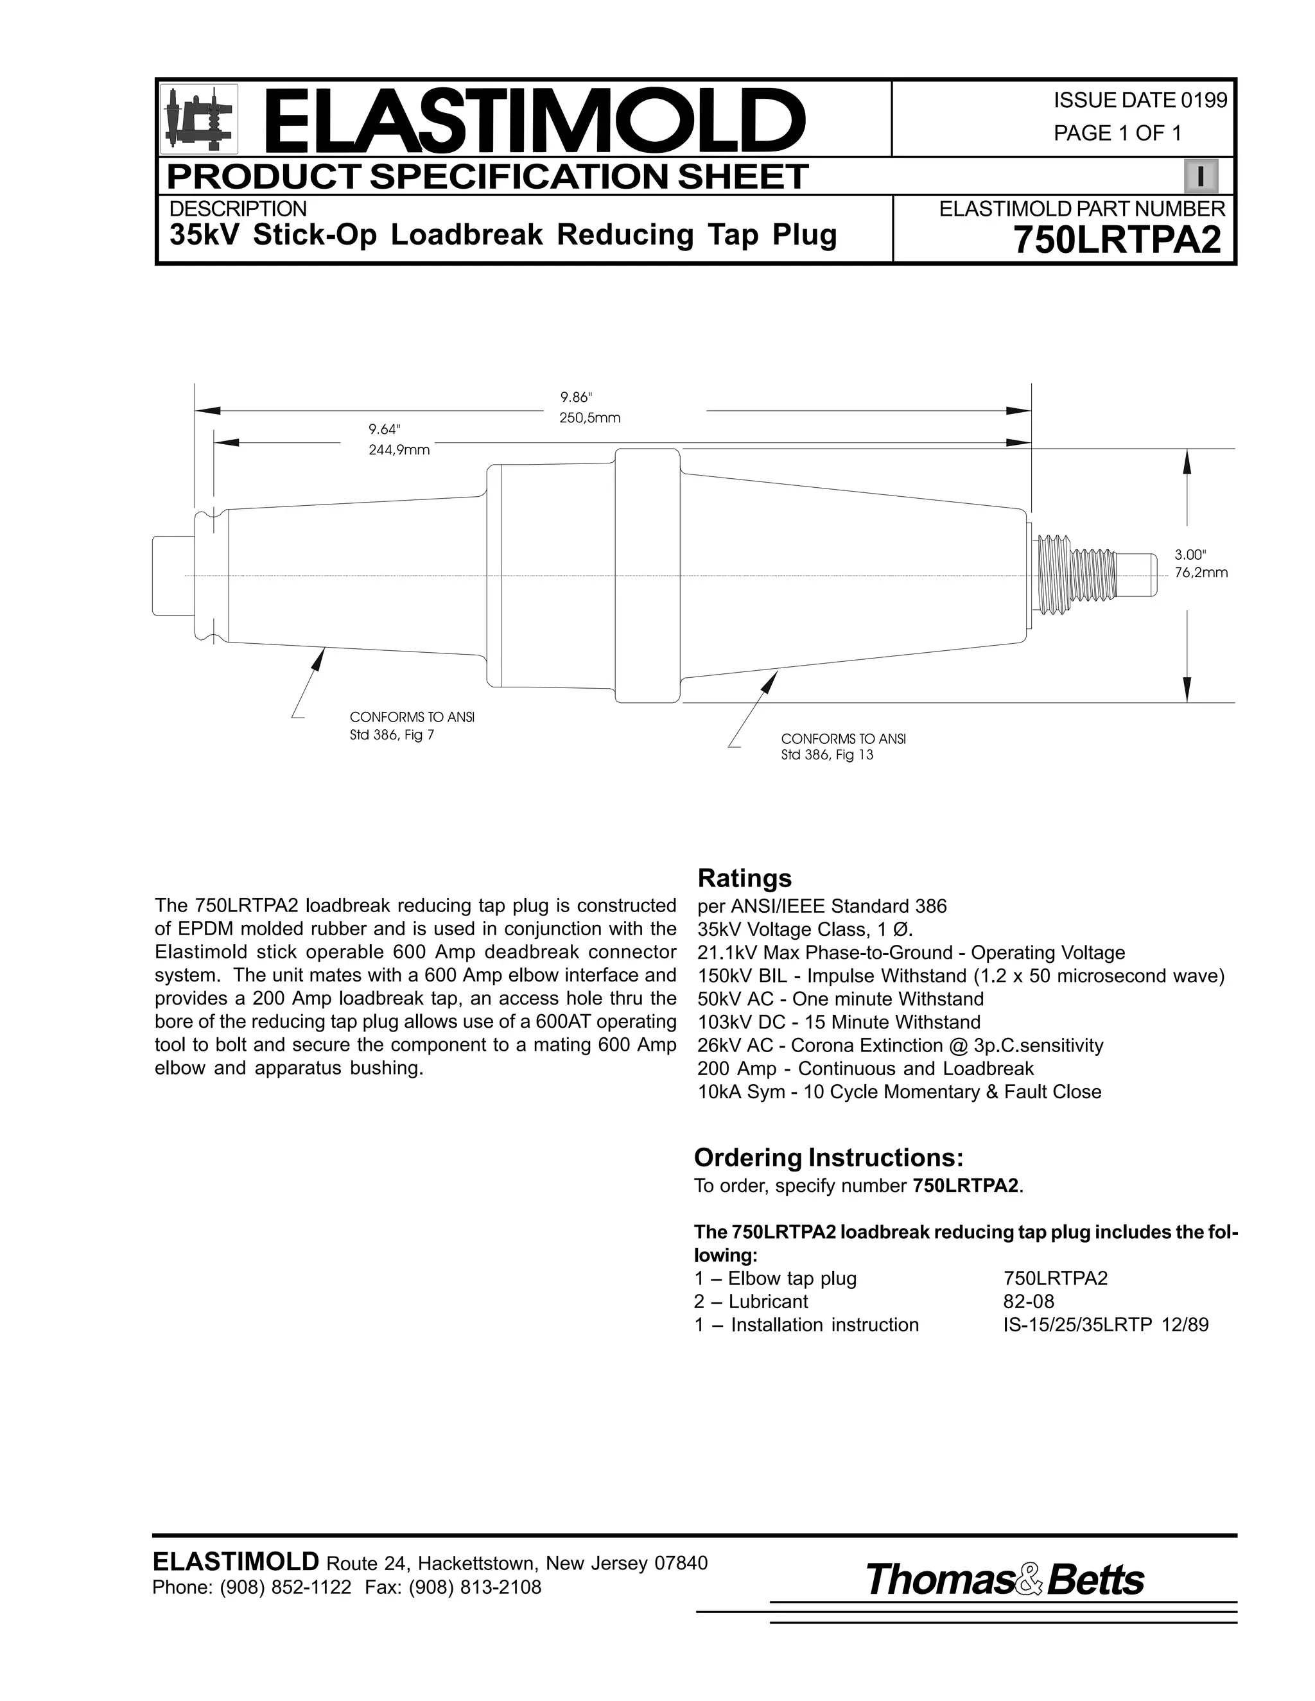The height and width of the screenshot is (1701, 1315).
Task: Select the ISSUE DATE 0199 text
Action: tap(1140, 101)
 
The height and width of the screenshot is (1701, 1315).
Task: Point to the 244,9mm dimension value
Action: tap(399, 450)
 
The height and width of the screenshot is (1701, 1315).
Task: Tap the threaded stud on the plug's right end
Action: tap(1079, 574)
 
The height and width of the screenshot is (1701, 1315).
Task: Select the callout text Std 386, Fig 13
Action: tap(826, 756)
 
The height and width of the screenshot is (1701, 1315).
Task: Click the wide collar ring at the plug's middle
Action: tap(647, 574)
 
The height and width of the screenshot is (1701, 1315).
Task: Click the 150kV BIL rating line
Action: tap(961, 976)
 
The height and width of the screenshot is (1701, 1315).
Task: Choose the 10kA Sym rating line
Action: tap(899, 1092)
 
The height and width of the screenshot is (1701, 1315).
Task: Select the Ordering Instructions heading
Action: tap(829, 1158)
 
